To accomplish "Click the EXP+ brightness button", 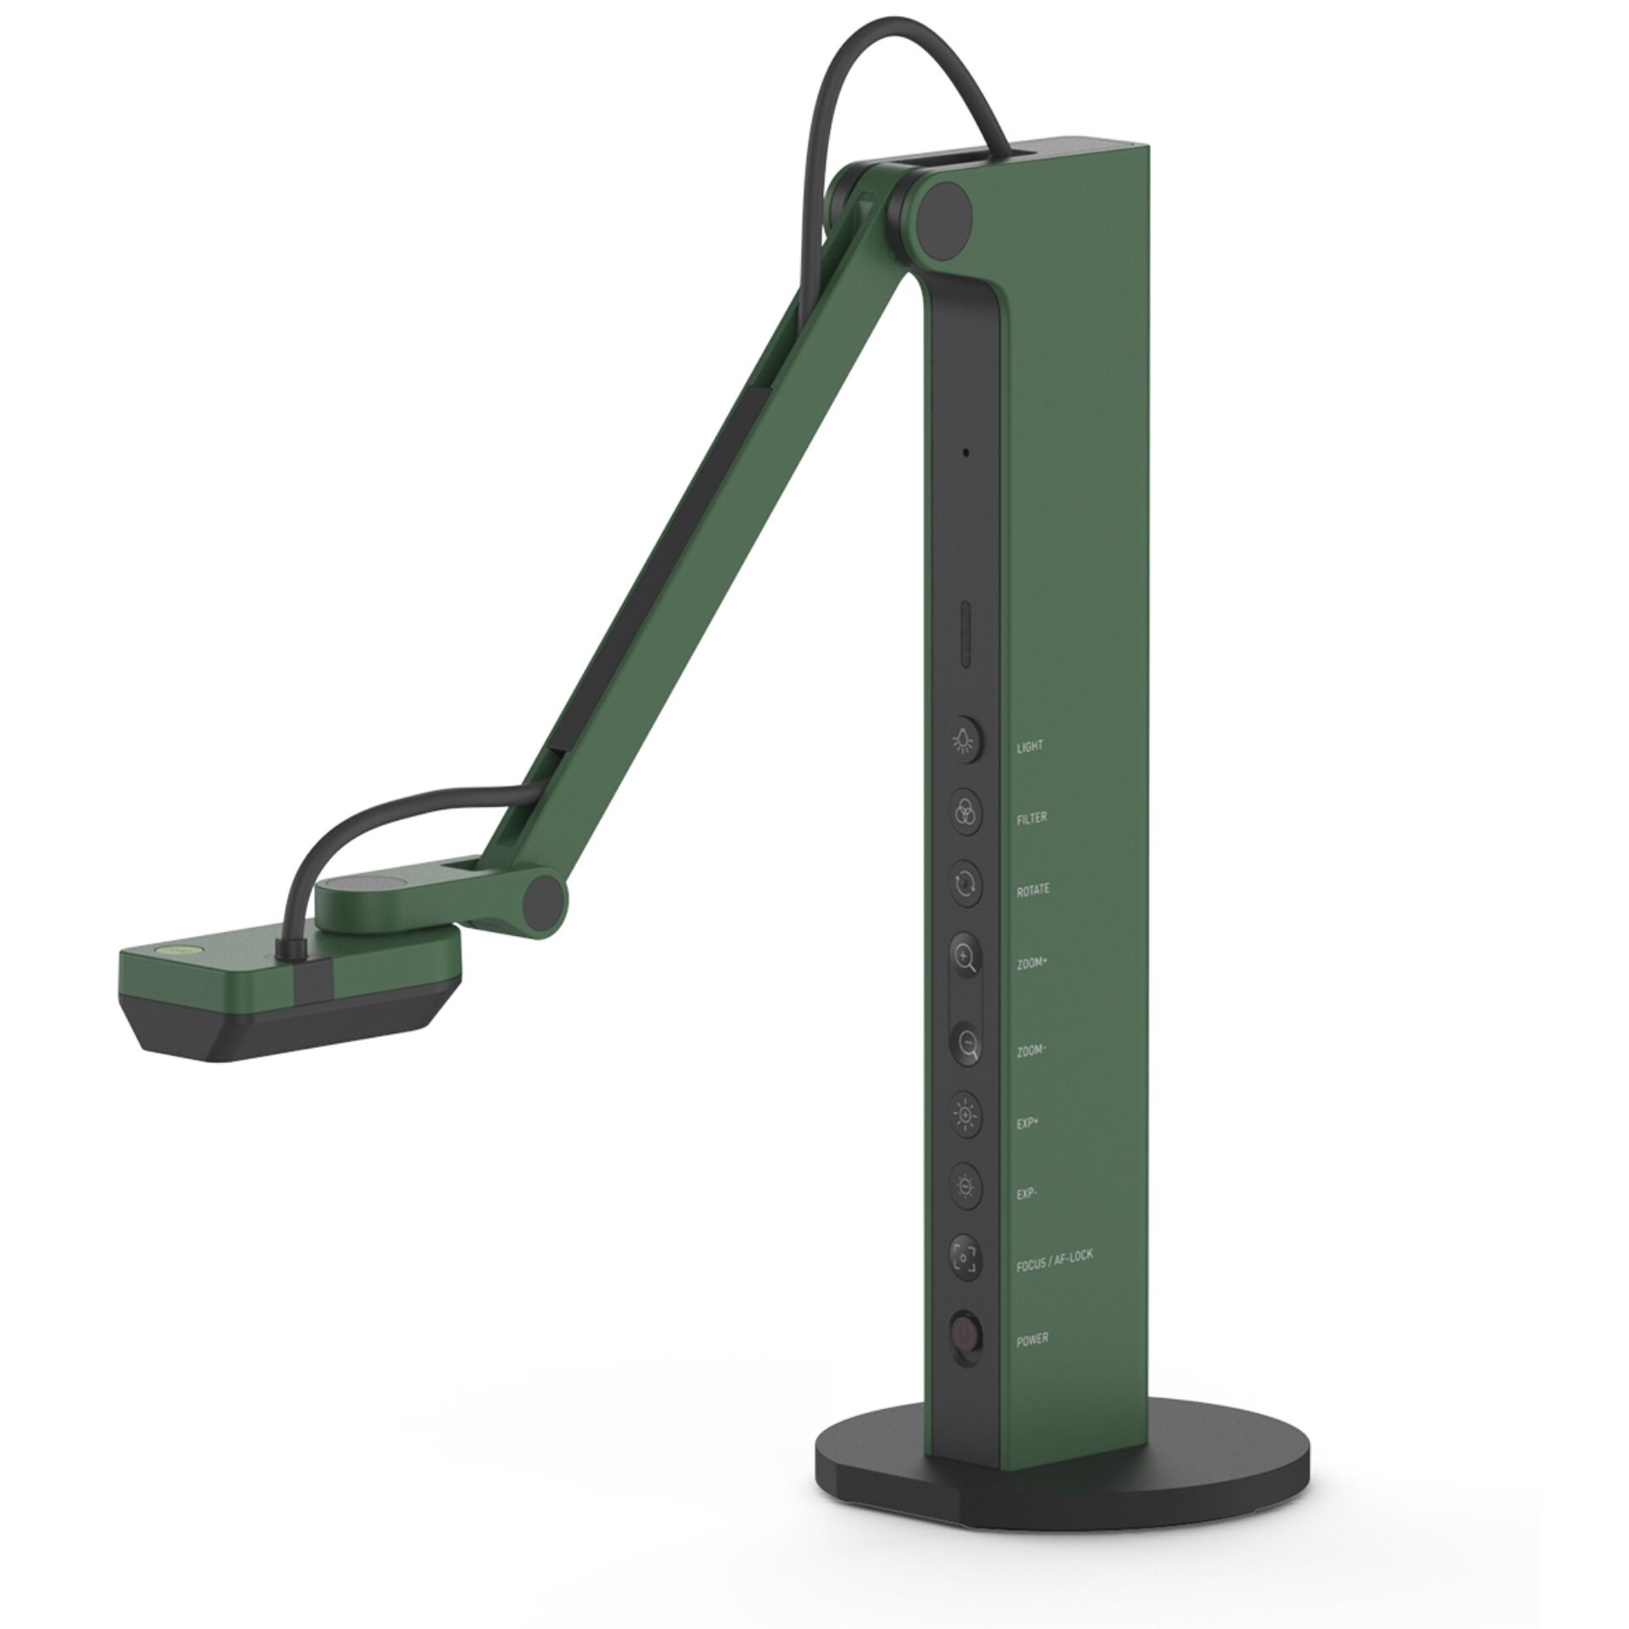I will pyautogui.click(x=966, y=1112).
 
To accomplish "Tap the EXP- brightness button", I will pyautogui.click(x=966, y=1184).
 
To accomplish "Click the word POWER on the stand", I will pyautogui.click(x=1032, y=1338).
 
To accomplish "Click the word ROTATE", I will pyautogui.click(x=1033, y=890).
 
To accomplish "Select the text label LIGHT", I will pyautogui.click(x=1029, y=747).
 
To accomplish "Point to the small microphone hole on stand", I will pyautogui.click(x=966, y=453).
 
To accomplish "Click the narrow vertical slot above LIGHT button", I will pyautogui.click(x=966, y=636).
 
